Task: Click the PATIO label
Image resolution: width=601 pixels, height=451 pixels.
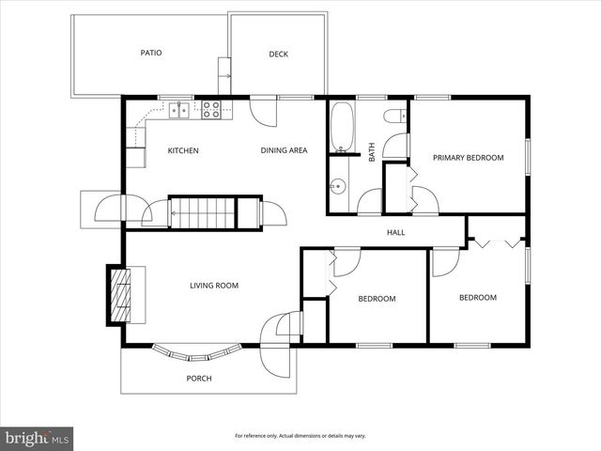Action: pyautogui.click(x=151, y=53)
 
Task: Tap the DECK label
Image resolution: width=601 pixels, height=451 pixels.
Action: pyautogui.click(x=278, y=54)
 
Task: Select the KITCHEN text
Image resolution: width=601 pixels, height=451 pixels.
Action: pyautogui.click(x=183, y=150)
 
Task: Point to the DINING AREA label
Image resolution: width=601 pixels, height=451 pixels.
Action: pyautogui.click(x=284, y=150)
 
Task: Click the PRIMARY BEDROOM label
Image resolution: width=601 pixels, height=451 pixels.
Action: pyautogui.click(x=468, y=158)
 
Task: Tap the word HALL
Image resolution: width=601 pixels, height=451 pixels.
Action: pyautogui.click(x=395, y=232)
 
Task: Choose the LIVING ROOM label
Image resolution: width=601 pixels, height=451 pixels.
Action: pyautogui.click(x=214, y=286)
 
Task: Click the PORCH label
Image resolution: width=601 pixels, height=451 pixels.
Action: pyautogui.click(x=198, y=379)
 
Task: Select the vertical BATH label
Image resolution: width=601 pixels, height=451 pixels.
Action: pyautogui.click(x=372, y=151)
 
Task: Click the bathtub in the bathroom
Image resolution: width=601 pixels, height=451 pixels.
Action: pyautogui.click(x=341, y=128)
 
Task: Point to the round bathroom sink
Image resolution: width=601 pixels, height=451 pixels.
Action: pyautogui.click(x=336, y=186)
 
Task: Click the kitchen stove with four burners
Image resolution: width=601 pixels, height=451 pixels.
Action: pyautogui.click(x=212, y=110)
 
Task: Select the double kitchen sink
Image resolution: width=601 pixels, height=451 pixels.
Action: pyautogui.click(x=180, y=111)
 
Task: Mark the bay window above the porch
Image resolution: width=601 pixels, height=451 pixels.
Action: pyautogui.click(x=197, y=353)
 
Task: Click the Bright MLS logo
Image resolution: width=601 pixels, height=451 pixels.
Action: pyautogui.click(x=38, y=438)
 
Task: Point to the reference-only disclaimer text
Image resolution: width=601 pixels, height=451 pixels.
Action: pyautogui.click(x=300, y=436)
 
